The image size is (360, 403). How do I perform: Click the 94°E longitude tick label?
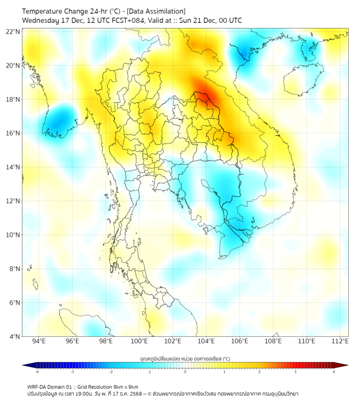coord(39,341)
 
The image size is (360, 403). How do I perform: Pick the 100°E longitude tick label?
coord(140,341)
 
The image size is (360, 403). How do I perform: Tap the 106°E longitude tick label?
coord(240,341)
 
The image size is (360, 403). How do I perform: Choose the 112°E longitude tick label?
coord(340,341)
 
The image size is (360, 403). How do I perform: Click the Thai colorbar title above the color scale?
coord(185,358)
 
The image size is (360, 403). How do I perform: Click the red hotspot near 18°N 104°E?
coord(206,95)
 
